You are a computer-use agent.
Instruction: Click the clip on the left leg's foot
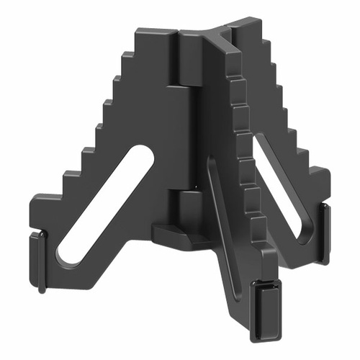click(x=41, y=259)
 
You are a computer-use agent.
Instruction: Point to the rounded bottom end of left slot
click(x=67, y=255)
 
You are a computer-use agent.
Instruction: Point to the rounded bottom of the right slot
click(x=306, y=235)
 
